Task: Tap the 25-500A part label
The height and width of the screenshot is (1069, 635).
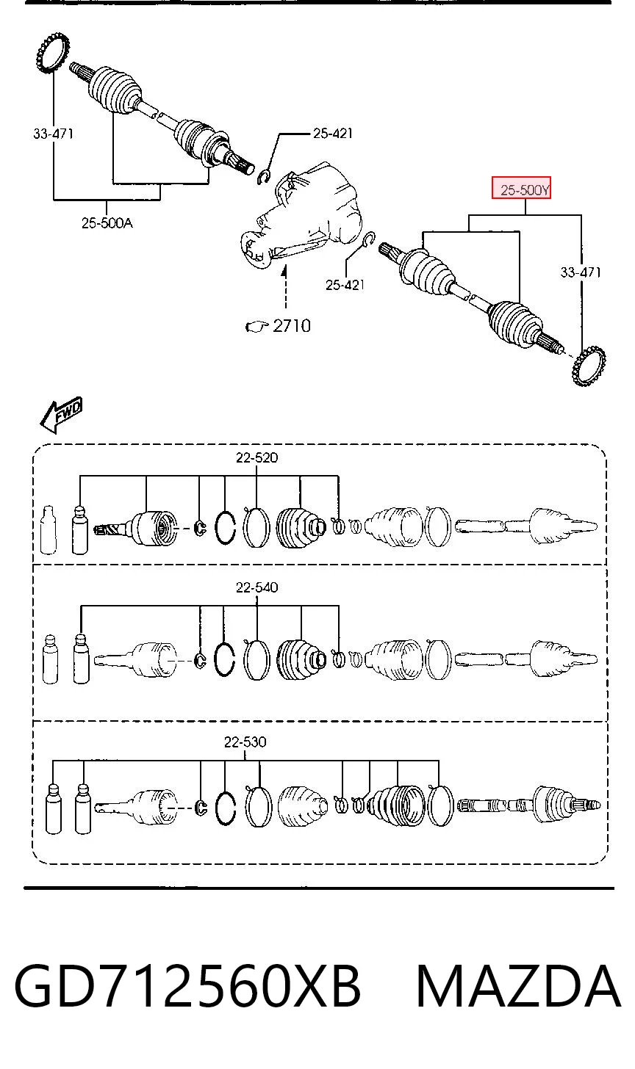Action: [x=107, y=223]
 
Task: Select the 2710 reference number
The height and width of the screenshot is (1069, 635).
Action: [x=292, y=326]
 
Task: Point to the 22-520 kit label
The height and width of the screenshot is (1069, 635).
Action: [x=256, y=457]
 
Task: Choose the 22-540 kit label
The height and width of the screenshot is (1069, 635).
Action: [x=256, y=587]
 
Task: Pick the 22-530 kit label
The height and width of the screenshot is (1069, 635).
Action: [x=245, y=742]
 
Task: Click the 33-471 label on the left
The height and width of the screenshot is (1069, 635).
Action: [x=53, y=134]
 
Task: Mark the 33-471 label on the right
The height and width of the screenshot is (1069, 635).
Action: [x=581, y=272]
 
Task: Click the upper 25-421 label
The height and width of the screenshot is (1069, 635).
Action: [x=332, y=134]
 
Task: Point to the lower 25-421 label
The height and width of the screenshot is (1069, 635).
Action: [x=345, y=285]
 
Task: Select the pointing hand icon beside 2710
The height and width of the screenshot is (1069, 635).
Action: [x=256, y=327]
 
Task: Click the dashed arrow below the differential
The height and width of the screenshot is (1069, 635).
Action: [x=285, y=289]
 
